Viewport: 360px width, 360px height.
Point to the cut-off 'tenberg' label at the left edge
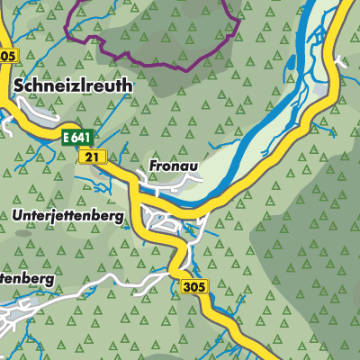(x=26, y=279)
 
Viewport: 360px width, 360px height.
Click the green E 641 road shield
(x=77, y=137)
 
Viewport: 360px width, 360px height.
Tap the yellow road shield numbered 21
(x=88, y=157)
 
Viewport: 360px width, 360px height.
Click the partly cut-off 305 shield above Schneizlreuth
(x=7, y=56)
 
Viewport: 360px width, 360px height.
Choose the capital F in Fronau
(x=151, y=166)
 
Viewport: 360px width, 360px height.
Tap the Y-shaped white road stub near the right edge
(x=339, y=63)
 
